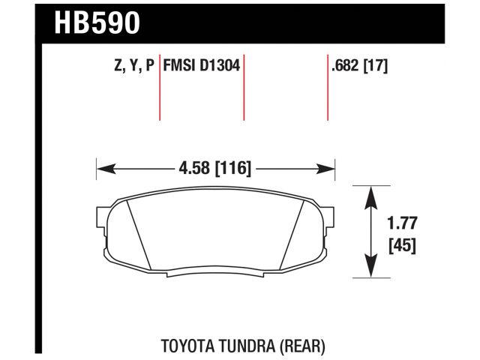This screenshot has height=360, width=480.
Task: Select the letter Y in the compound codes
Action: click(x=133, y=66)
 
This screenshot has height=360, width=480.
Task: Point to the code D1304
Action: click(x=220, y=66)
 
